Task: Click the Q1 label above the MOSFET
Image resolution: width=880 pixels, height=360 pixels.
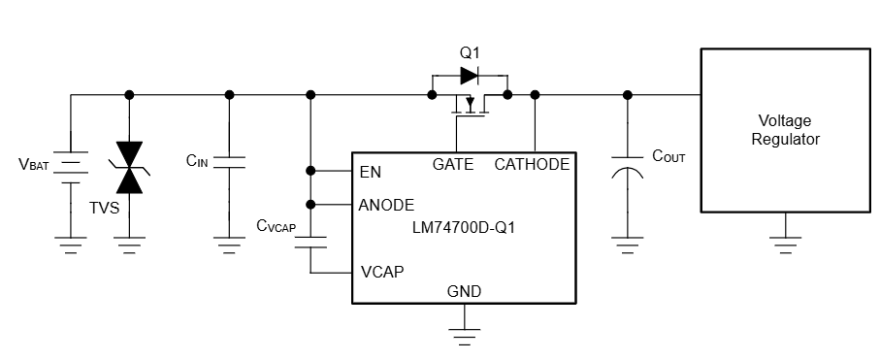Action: coord(469,51)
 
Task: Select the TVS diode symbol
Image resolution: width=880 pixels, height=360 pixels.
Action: coord(129,166)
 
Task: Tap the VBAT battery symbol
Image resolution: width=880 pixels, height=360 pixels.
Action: coord(70,166)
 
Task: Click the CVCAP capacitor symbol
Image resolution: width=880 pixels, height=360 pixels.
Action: coord(310,240)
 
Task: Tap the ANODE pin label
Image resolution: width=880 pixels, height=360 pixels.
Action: coord(386,205)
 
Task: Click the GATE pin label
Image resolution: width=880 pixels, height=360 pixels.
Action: coord(453,164)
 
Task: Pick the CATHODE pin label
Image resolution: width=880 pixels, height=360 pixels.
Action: coord(532,164)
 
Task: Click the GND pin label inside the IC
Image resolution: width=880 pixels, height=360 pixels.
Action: coord(464,291)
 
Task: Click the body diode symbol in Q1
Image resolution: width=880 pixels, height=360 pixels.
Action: coord(469,74)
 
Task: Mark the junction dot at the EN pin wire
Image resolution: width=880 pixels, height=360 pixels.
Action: coord(310,171)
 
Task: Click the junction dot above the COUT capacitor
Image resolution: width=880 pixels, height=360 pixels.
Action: coord(628,94)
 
